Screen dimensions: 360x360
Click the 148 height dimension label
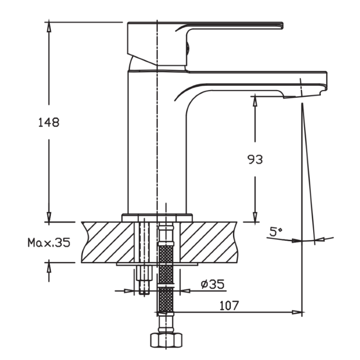point(49,122)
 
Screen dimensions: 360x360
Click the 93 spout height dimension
point(255,159)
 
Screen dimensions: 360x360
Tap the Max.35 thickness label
point(49,242)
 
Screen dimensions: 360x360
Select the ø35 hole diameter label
point(212,284)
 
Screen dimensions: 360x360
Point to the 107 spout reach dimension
point(229,305)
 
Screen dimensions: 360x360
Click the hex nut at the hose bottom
point(166,340)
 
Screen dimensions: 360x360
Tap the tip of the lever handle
point(282,25)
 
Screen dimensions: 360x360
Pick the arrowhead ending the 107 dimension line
point(297,312)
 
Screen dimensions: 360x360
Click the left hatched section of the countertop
point(108,242)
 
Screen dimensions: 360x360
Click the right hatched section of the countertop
point(208,242)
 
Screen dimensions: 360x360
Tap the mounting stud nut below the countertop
point(144,273)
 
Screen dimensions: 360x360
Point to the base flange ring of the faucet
point(157,218)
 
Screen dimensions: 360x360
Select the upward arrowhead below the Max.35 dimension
point(49,267)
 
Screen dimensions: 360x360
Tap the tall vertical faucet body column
point(157,142)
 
